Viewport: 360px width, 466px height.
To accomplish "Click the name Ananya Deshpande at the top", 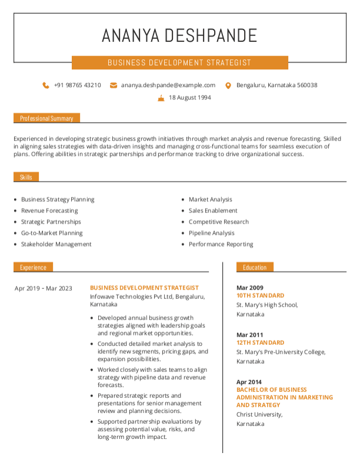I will coord(179,35).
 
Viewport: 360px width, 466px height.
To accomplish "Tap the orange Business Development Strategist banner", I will coord(179,62).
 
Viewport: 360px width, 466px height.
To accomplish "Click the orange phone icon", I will coord(46,85).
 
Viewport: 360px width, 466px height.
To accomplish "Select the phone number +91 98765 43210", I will coord(77,85).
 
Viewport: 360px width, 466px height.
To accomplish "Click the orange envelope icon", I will coord(114,85).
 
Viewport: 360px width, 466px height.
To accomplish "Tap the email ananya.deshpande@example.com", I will coord(168,85).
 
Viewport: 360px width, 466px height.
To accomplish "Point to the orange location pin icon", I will coord(228,85).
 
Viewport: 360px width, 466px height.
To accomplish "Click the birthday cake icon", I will coord(161,98).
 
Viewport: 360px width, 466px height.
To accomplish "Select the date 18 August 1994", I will coord(189,98).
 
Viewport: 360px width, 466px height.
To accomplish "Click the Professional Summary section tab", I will coord(46,118).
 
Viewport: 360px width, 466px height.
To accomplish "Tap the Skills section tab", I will coord(26,177).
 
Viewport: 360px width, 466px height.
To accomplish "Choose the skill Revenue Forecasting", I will coord(49,211).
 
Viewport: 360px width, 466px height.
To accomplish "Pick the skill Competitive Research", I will coord(218,222).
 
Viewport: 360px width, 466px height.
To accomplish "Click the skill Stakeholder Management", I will coord(56,244).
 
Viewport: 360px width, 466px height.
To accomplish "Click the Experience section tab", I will coord(33,267).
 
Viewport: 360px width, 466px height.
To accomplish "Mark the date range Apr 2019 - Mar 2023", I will coord(43,288).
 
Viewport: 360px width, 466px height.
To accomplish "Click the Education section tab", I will coord(255,267).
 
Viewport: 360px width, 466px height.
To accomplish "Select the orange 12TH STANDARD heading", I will coord(260,342).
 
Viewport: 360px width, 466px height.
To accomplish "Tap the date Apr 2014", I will coord(249,382).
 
